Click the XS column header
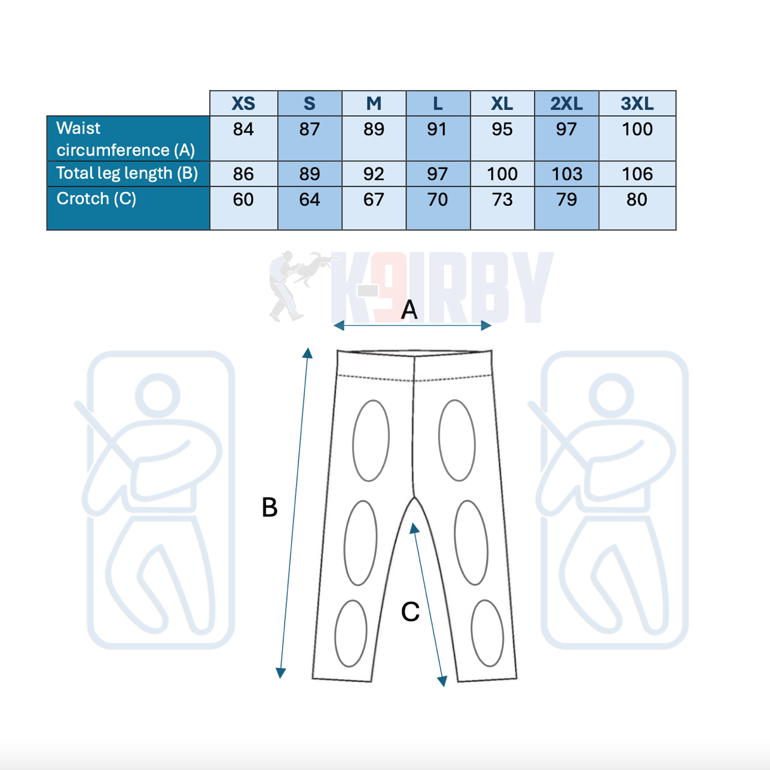coord(243,103)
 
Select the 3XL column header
coord(637,103)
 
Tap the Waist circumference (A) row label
coord(126,139)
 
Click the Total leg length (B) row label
coord(127,173)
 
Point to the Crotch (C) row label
coord(96,198)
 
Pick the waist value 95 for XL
coord(502,129)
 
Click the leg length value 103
coord(567,174)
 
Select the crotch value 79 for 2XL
coord(566,200)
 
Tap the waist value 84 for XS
coord(243,129)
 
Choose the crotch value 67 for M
coord(374,200)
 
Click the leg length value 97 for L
coord(437,174)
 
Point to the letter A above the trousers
coord(409,310)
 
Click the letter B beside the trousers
coord(270,507)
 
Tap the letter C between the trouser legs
coord(410,612)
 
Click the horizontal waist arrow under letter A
coord(412,326)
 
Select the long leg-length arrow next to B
coord(294,513)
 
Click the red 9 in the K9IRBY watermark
coord(388,286)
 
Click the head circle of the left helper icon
coord(158,396)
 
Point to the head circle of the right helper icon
coord(612,396)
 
